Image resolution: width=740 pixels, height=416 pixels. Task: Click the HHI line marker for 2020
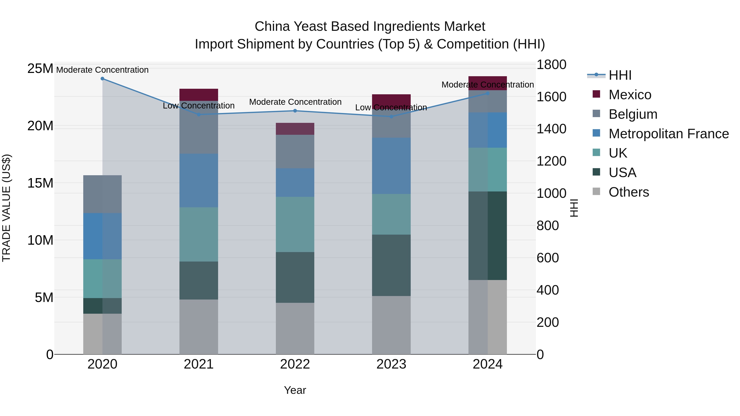pos(102,79)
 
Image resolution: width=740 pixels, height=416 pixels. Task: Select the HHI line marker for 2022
pos(295,111)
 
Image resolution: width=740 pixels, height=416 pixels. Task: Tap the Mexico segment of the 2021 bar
pos(199,95)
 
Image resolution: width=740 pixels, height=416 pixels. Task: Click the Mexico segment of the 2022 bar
pos(295,129)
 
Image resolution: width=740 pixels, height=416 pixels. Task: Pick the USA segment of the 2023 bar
pos(391,265)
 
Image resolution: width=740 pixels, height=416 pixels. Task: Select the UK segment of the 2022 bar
pos(295,225)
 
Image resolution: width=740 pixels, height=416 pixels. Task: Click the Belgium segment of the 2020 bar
pos(102,194)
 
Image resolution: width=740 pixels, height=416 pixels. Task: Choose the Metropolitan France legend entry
pos(668,134)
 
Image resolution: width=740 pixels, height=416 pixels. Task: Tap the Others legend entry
pos(629,192)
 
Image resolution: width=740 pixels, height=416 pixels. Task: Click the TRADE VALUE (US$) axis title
pos(6,208)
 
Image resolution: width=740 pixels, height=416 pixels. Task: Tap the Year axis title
pos(295,390)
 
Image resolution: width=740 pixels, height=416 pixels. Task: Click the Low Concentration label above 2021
pos(199,106)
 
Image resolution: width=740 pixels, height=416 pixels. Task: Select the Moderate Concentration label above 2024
pos(488,85)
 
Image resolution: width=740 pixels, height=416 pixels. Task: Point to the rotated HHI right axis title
pos(574,208)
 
